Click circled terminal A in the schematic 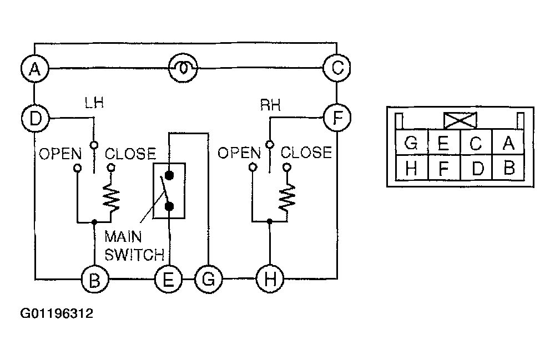pos(34,68)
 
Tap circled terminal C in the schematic pos(337,68)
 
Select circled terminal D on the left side pos(36,118)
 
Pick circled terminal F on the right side pos(337,118)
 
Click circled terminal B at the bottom pos(95,280)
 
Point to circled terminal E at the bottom pos(169,279)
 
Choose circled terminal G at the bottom pos(209,279)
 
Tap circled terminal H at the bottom pos(270,279)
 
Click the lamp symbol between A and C pos(183,68)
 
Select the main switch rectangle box pos(169,191)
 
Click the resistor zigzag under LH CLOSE pos(111,198)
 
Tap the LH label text pos(94,103)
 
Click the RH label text pos(270,105)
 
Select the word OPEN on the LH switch pos(60,154)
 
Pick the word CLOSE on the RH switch pos(306,153)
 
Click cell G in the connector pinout pos(411,143)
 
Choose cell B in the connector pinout pos(508,168)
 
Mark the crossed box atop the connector pos(460,120)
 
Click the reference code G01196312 pos(57,313)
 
